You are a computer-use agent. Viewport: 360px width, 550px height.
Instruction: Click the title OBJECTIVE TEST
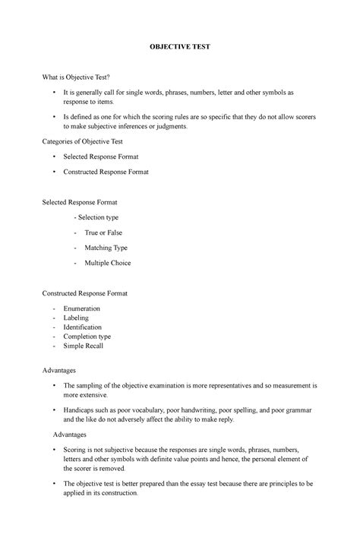[x=179, y=46]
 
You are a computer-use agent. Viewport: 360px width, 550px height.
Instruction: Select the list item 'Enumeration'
[x=82, y=309]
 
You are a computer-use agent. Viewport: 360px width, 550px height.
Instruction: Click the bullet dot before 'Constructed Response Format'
[x=55, y=172]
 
